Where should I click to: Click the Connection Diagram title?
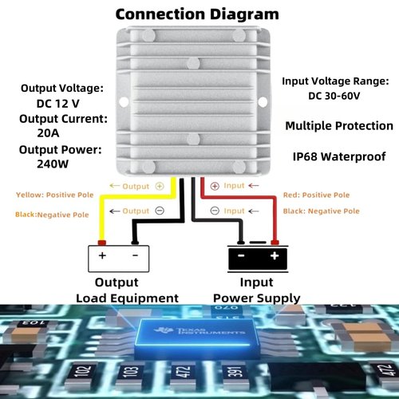197,14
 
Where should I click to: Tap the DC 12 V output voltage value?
57,104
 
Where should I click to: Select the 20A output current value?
48,132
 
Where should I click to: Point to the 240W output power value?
53,164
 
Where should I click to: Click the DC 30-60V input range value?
334,96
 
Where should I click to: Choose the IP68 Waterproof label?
339,156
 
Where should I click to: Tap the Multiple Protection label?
339,126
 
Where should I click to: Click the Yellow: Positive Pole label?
55,195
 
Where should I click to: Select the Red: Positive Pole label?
316,195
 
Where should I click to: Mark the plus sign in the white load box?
102,255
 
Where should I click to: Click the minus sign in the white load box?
136,255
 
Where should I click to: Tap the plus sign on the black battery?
275,255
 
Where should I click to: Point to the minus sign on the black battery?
241,255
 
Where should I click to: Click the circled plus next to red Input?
215,186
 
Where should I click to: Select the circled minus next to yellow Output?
160,211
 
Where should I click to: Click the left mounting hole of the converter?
124,101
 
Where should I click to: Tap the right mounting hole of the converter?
263,101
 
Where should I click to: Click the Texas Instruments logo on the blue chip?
199,331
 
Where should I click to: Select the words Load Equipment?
127,298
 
